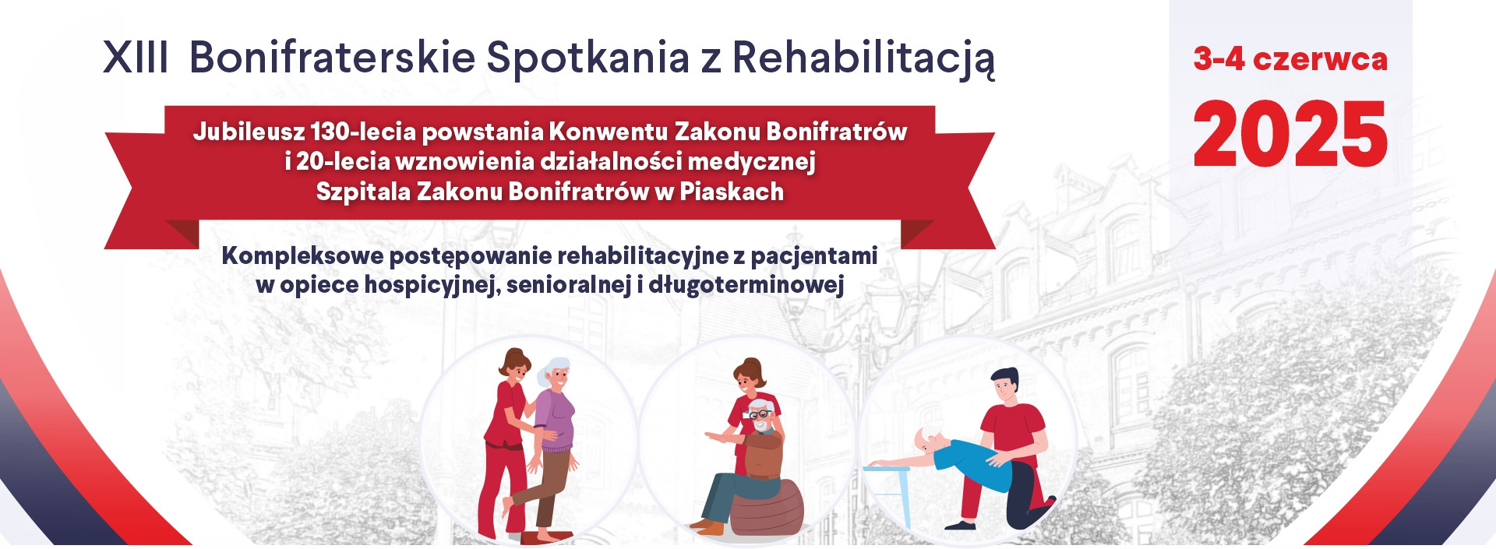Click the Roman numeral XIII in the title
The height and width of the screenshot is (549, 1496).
[x=136, y=58]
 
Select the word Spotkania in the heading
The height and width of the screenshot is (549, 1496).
[x=588, y=58]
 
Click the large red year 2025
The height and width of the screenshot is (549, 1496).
[x=1290, y=134]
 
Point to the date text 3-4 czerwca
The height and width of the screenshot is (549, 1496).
[x=1290, y=59]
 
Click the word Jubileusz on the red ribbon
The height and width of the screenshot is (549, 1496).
[x=249, y=131]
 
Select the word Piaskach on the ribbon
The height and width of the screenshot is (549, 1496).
[x=732, y=191]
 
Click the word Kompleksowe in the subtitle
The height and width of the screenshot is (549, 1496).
[x=303, y=256]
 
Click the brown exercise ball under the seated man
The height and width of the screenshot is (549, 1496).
[x=767, y=507]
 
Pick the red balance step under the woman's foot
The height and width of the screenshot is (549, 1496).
[x=546, y=537]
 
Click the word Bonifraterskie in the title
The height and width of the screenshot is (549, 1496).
[x=333, y=58]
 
